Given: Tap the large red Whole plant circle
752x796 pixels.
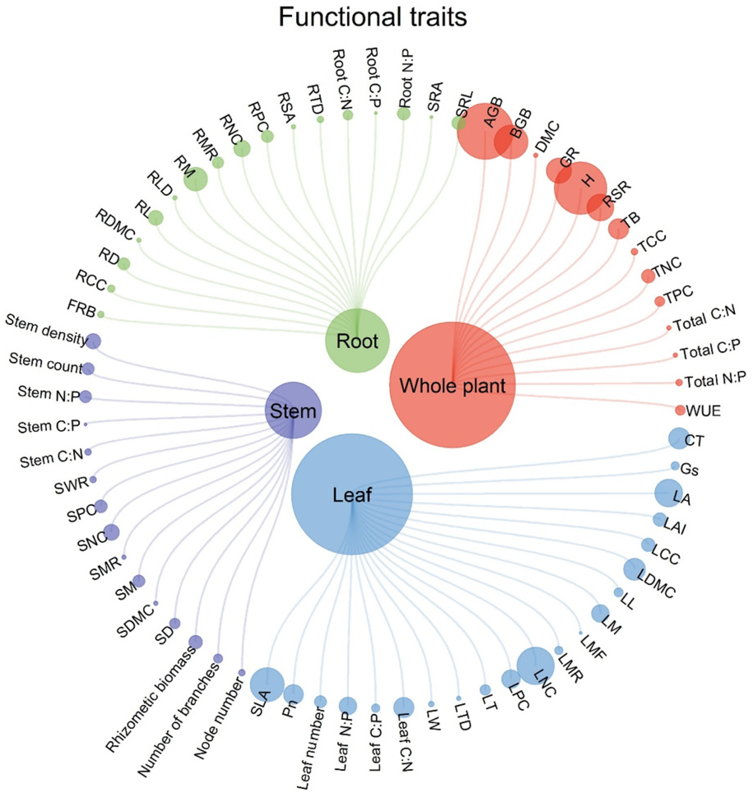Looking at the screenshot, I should (x=452, y=385).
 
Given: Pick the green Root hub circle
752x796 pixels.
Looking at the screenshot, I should (x=357, y=340).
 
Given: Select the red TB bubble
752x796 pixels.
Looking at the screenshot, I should (x=618, y=229).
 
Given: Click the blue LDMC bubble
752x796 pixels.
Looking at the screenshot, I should (x=634, y=569).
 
